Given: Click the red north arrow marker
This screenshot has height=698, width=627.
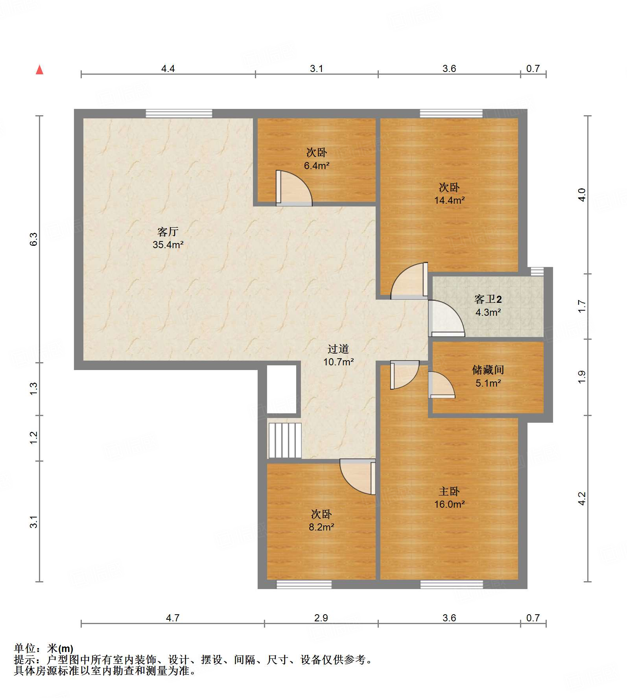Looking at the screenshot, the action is tap(39, 70).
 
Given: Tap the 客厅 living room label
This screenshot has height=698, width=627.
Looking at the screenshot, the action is tap(168, 232).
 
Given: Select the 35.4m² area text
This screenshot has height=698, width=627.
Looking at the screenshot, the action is tap(168, 245).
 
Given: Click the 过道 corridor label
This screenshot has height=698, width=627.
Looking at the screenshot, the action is tap(338, 349).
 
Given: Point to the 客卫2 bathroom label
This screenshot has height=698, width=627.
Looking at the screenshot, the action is tap(488, 299).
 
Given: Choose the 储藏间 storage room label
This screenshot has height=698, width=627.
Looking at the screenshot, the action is tap(488, 370).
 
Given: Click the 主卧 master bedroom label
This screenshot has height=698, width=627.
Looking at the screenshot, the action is tap(449, 491).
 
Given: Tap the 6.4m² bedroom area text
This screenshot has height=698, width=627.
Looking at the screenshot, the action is tap(317, 166).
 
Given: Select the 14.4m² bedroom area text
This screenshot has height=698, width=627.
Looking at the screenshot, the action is tap(449, 200).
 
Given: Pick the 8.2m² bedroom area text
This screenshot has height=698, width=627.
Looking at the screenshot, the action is tap(321, 527).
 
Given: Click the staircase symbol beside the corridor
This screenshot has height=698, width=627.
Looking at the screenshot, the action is tap(284, 440).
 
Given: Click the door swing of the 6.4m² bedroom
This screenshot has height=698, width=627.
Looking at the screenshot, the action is tap(294, 188).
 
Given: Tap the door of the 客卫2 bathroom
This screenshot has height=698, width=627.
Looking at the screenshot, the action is tap(446, 318).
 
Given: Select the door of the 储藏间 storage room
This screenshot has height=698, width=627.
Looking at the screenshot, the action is tap(441, 385).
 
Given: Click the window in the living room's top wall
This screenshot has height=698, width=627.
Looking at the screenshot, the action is tap(179, 113).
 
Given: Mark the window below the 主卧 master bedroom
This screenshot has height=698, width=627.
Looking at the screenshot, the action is tap(451, 584).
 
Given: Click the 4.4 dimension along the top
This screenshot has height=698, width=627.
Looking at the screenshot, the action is tap(168, 68).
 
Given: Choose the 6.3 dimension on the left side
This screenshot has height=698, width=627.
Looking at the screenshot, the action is tap(34, 239).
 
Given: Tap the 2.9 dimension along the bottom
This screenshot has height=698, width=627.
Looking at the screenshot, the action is tap(321, 618).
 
